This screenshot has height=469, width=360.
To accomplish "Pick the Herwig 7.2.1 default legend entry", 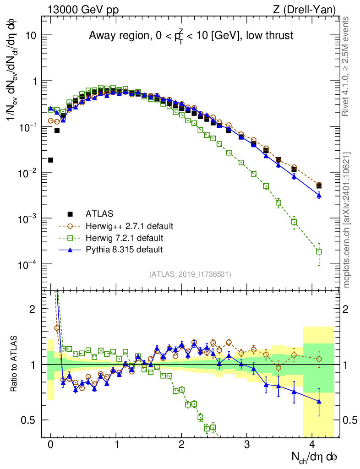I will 124,238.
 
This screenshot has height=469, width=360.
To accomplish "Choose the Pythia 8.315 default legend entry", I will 124,250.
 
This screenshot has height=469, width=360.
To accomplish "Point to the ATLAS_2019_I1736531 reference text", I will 190,274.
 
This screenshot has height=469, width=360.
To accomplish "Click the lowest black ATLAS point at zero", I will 51,160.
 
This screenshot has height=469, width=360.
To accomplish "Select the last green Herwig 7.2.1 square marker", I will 319,251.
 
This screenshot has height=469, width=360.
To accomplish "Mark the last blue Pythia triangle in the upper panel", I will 319,195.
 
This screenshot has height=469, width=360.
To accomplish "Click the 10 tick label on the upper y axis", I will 31,35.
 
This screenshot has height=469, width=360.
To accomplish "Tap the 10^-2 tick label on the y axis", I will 27,173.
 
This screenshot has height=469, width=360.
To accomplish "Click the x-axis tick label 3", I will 247,445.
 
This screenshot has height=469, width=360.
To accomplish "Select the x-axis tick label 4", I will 312,445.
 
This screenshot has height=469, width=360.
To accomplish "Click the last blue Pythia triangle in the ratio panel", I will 319,402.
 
